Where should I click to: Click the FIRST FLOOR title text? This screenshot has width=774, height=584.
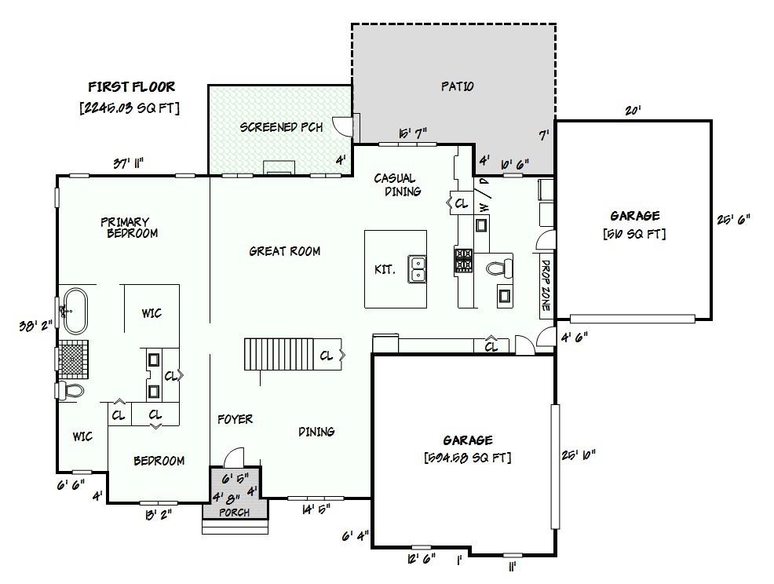click(131, 87)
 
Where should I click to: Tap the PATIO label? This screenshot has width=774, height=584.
click(456, 86)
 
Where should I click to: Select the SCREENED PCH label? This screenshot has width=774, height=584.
click(280, 127)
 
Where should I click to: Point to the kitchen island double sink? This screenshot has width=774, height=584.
click(417, 268)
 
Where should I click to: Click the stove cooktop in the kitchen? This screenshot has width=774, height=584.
click(463, 260)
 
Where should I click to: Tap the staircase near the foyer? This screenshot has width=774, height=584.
click(279, 355)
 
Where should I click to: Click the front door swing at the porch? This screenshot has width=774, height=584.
click(233, 458)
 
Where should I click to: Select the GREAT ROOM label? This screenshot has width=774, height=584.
click(284, 251)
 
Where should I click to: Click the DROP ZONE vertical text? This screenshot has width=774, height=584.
click(545, 287)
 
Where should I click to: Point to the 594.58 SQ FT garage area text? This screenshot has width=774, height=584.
click(467, 458)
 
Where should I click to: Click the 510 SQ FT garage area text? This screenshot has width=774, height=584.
click(634, 233)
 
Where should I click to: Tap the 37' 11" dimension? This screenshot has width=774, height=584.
click(127, 163)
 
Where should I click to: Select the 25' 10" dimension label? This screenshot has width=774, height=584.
click(579, 454)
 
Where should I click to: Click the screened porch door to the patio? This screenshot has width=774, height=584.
click(342, 126)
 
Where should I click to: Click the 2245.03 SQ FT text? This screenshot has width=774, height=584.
click(130, 108)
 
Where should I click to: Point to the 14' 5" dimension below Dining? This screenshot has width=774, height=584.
click(315, 509)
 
